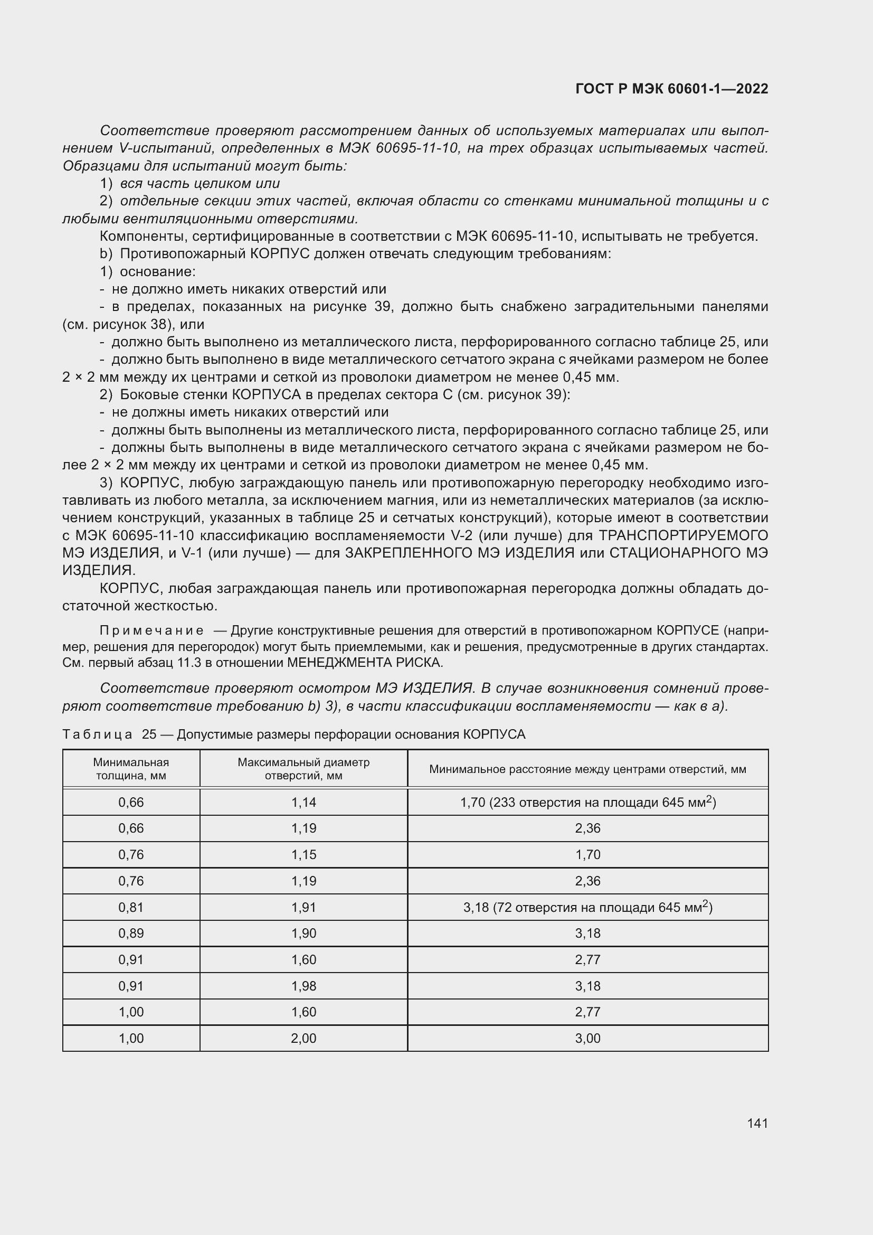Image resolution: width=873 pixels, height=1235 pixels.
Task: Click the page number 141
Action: tap(757, 1124)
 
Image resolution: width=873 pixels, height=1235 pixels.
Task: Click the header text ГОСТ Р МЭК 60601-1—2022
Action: tap(671, 89)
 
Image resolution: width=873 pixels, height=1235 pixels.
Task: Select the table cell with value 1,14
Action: tap(303, 803)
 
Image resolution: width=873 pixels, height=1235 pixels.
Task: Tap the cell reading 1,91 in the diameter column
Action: tap(303, 908)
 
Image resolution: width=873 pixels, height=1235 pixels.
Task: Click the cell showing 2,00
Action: tap(303, 1038)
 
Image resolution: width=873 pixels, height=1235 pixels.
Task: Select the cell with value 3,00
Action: tap(587, 1038)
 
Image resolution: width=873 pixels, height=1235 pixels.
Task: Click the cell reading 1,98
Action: tap(303, 986)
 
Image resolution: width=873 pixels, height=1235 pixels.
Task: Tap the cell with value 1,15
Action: tap(303, 855)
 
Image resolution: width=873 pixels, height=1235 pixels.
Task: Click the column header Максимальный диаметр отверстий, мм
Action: tap(303, 769)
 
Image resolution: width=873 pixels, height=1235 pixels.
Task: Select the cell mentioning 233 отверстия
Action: tap(587, 803)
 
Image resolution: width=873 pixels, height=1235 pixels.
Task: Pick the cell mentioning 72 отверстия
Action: tap(587, 908)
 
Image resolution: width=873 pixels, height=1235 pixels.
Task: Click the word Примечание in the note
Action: tap(151, 630)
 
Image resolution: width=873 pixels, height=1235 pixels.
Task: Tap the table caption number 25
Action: tap(148, 734)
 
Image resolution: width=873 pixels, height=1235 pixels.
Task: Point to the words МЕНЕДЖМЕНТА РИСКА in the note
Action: tap(365, 663)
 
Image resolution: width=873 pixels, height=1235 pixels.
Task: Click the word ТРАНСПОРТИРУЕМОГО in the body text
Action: tap(682, 536)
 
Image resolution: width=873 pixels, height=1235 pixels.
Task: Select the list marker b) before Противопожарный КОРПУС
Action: tap(106, 254)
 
